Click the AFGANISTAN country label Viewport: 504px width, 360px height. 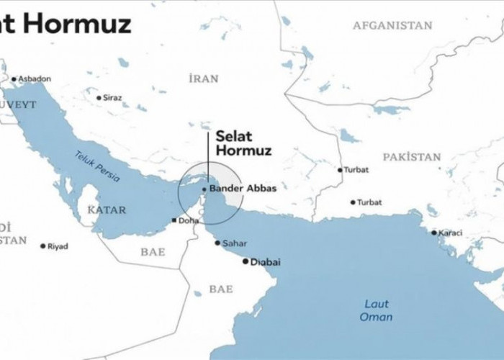click(392, 25)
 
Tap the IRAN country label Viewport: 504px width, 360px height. click(202, 78)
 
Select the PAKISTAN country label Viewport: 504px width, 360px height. click(411, 156)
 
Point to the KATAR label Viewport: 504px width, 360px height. click(107, 210)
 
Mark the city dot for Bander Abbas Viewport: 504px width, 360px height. click(204, 189)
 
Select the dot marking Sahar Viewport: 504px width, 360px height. click(217, 243)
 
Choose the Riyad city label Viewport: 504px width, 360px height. click(58, 246)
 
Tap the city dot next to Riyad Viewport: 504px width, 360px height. click(42, 246)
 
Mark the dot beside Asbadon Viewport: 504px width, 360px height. click(13, 78)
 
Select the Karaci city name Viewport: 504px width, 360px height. click(451, 233)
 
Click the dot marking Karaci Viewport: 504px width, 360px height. click(433, 232)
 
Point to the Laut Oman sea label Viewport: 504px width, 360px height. click(377, 310)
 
